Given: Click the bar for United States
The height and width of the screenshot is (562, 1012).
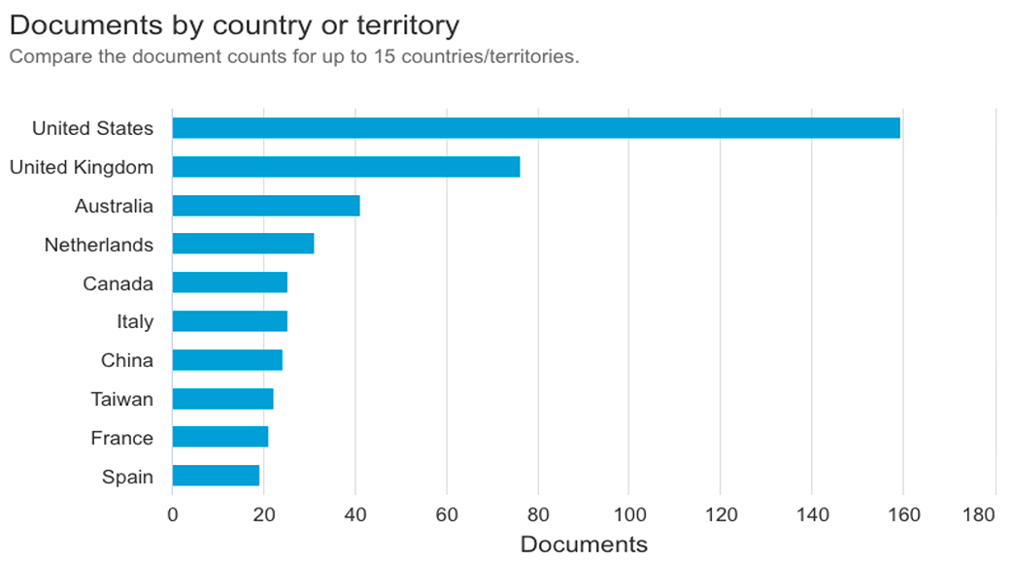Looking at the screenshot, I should click(x=536, y=128).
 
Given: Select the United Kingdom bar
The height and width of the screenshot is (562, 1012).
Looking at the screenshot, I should click(x=346, y=167).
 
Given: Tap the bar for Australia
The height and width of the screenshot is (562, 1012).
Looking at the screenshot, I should click(x=266, y=206).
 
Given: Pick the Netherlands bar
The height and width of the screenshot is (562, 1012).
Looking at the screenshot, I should click(x=243, y=244).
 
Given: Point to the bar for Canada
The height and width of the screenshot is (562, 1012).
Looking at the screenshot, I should click(x=229, y=282).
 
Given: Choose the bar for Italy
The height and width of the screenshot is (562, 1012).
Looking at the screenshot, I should click(x=229, y=321).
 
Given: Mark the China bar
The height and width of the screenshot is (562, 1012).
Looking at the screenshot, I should click(x=227, y=360).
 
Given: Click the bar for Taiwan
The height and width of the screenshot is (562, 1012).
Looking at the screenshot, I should click(x=222, y=399).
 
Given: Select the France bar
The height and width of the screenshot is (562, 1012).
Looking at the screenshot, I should click(x=220, y=438).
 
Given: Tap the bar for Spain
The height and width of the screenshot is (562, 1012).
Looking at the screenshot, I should click(x=216, y=476).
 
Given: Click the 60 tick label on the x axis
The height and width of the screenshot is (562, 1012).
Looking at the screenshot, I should click(x=447, y=514).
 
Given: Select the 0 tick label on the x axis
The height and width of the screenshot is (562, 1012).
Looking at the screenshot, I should click(x=173, y=514).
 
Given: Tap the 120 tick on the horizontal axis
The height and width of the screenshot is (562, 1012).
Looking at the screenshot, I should click(x=721, y=514).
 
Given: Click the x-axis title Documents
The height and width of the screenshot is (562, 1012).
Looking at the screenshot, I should click(x=584, y=544).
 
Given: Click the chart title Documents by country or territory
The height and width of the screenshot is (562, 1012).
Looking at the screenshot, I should click(x=234, y=23).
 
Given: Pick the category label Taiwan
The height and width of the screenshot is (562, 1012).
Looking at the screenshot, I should click(x=122, y=399).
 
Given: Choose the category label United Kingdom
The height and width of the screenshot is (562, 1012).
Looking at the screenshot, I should click(x=82, y=167).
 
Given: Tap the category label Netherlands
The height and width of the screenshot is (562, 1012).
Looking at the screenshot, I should click(x=99, y=245).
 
